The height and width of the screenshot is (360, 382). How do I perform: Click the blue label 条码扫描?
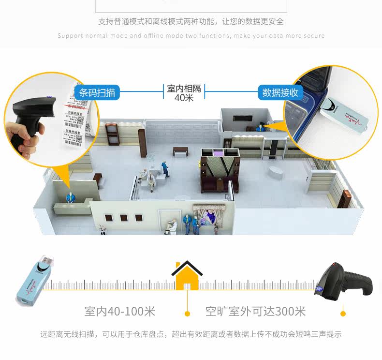coord(97,92)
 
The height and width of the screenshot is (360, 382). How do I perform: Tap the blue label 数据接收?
coord(280,92)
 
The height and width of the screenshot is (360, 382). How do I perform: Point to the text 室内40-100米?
coord(119,311)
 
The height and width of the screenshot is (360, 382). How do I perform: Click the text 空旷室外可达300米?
coord(255,311)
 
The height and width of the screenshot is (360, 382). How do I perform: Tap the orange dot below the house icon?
coord(187,314)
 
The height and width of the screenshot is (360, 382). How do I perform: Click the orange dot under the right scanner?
coord(343,314)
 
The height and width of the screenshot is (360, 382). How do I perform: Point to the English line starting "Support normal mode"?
coord(191,36)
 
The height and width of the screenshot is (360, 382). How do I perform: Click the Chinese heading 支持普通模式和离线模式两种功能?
coord(191,22)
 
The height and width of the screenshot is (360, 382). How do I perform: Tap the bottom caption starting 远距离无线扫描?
coord(191,334)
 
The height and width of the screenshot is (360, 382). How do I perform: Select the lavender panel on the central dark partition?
coord(218,153)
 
